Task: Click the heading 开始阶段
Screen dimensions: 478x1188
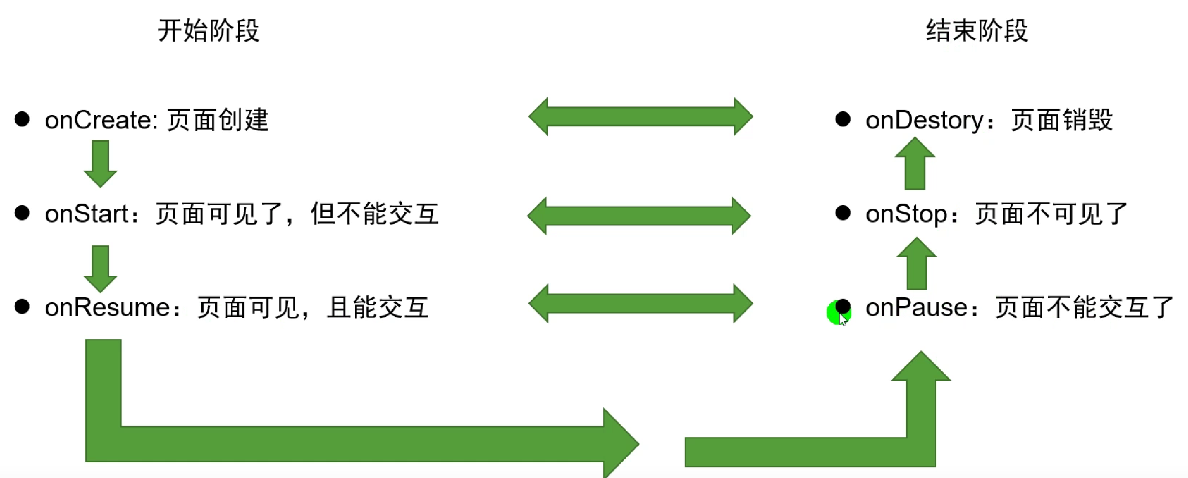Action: click(208, 30)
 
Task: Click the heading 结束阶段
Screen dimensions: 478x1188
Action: click(977, 30)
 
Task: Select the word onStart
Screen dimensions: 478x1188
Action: click(86, 214)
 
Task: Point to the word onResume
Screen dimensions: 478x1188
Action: click(108, 307)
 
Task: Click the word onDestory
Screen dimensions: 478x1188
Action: click(924, 120)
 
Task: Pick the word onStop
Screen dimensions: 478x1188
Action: click(907, 214)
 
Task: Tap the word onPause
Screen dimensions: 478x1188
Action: click(917, 307)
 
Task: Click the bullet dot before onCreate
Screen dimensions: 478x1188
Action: click(22, 119)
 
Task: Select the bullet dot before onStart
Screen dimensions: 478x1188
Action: click(22, 213)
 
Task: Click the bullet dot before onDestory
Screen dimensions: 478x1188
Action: click(843, 119)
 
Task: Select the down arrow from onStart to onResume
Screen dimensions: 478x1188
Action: click(101, 268)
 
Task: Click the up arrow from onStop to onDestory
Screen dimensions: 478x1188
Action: click(915, 164)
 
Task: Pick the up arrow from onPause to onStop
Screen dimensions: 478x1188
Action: click(917, 263)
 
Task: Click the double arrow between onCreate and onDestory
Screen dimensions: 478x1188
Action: click(640, 116)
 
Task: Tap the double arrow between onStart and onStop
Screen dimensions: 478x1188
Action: click(639, 215)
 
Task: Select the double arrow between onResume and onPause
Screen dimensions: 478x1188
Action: click(640, 303)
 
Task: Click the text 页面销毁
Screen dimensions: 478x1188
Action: click(1062, 120)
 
